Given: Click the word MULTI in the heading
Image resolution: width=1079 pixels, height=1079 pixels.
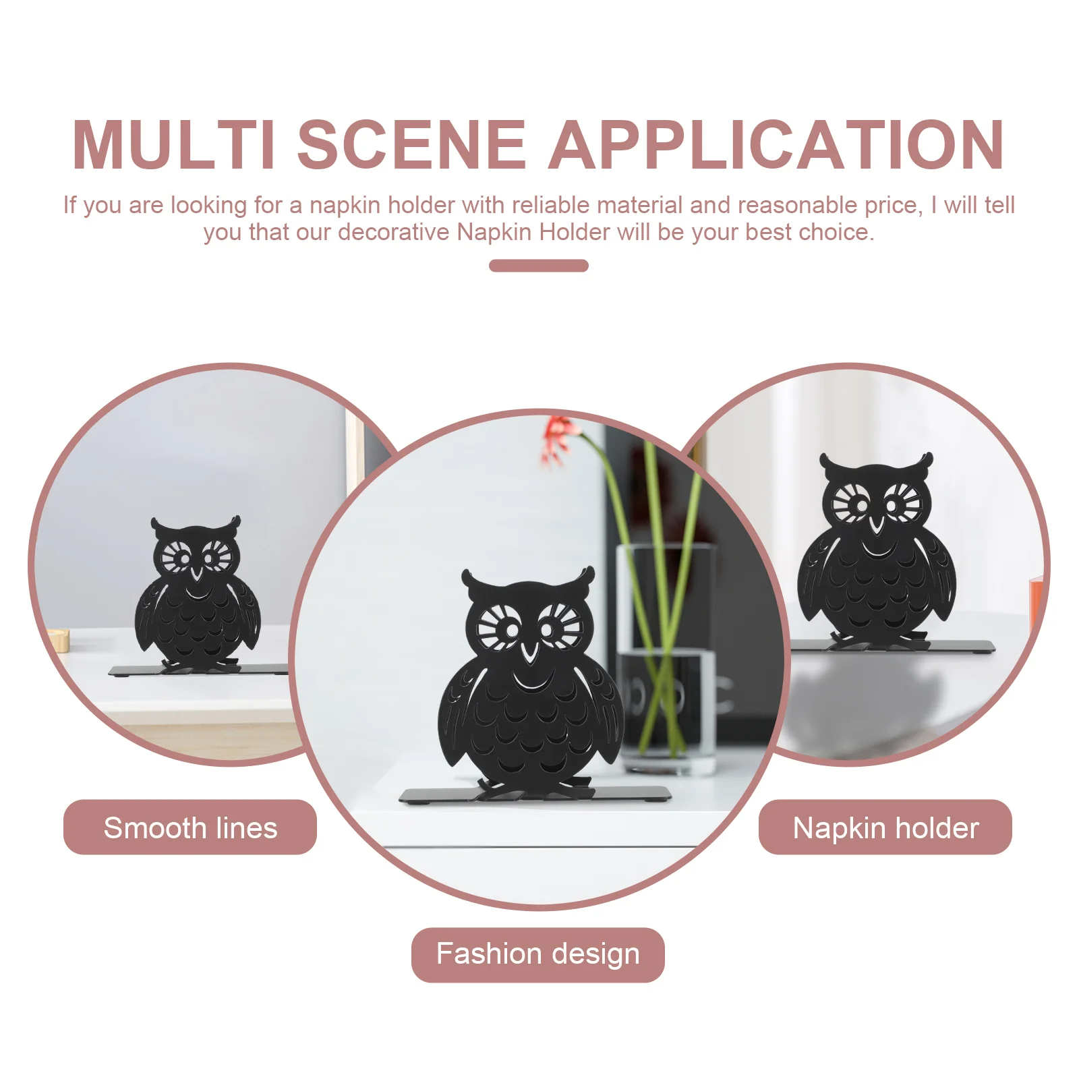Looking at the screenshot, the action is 174,144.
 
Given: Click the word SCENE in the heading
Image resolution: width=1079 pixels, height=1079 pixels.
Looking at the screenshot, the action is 411,144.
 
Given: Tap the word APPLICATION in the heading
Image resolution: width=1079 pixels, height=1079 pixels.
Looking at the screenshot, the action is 776,144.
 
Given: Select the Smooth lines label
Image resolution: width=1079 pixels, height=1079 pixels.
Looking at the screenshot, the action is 190,827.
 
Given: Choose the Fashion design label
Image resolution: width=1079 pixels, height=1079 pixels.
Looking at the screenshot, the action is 538,954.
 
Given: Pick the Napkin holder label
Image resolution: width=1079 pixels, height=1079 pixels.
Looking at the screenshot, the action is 885,827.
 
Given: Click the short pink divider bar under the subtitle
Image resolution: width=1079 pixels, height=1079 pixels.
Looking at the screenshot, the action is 539,266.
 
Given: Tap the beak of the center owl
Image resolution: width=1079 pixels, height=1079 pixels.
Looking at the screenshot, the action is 530,651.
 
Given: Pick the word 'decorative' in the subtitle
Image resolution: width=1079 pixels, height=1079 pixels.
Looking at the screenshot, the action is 393,232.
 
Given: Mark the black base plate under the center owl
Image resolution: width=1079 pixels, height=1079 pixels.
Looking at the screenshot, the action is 535,794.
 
